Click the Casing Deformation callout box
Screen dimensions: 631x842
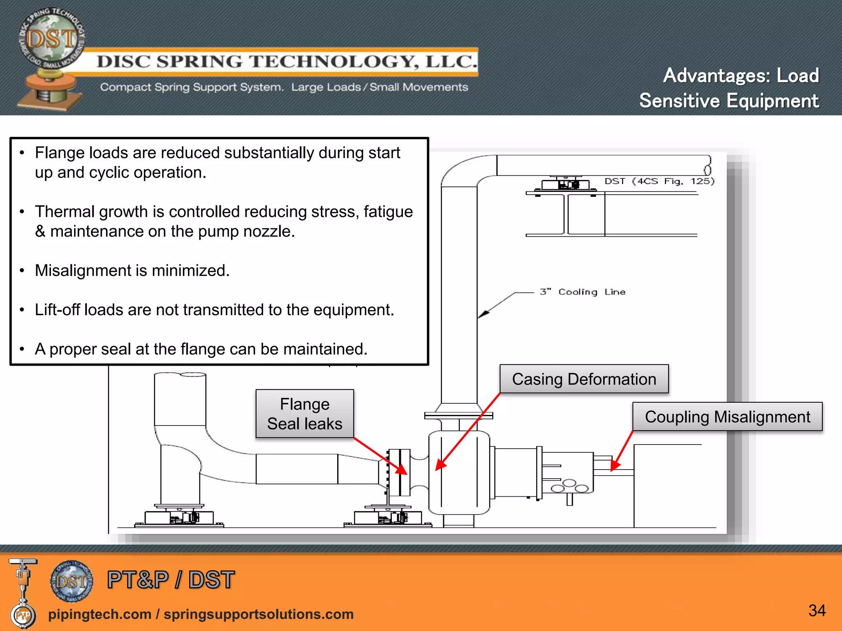(x=584, y=379)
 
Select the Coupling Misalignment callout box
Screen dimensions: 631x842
(x=727, y=417)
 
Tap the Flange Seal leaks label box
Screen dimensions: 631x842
(x=305, y=414)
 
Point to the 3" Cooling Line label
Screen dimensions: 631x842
(x=583, y=292)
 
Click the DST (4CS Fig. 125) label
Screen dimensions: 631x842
(x=659, y=181)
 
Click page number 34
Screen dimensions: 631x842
(x=817, y=610)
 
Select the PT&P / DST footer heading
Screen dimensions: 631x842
(x=171, y=580)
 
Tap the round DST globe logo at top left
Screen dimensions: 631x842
(x=52, y=39)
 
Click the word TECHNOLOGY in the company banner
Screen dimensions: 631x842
(x=334, y=62)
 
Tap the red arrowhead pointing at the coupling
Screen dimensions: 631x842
(x=615, y=465)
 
